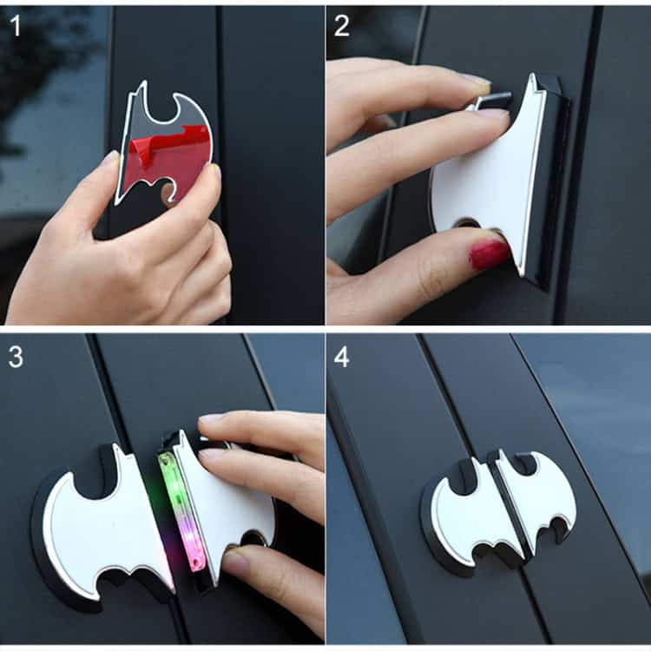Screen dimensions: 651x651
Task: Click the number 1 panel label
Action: point(16,25)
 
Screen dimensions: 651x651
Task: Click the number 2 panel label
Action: point(342,25)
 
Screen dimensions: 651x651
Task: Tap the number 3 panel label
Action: point(16,357)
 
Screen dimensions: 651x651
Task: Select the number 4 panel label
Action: point(342,357)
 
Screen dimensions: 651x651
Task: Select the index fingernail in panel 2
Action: point(477,81)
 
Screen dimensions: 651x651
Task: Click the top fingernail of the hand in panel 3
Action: point(213,418)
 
